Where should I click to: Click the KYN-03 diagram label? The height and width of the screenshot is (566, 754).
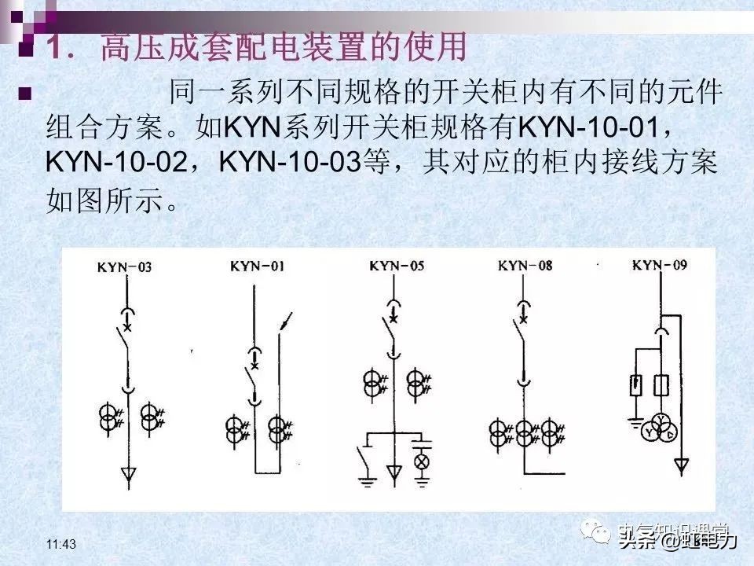click(x=124, y=267)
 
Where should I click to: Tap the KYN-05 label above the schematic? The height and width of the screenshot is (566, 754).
click(x=395, y=266)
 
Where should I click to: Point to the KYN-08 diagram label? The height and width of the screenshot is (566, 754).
click(x=525, y=266)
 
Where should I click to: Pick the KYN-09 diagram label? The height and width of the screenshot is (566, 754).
click(x=660, y=265)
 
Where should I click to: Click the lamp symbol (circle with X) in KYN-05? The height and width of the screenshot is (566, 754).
click(x=422, y=461)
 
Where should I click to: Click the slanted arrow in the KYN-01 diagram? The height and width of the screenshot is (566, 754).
click(x=288, y=321)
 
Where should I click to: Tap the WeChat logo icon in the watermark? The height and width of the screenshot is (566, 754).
click(x=601, y=535)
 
